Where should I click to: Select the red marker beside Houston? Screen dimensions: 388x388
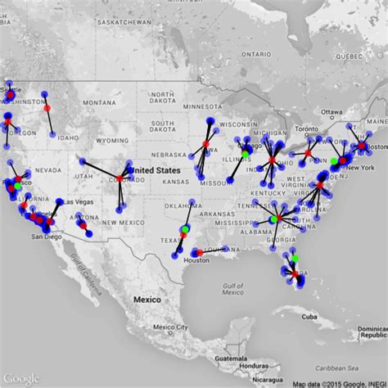(x=205, y=260)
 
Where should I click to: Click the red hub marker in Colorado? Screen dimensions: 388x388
(x=120, y=178)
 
